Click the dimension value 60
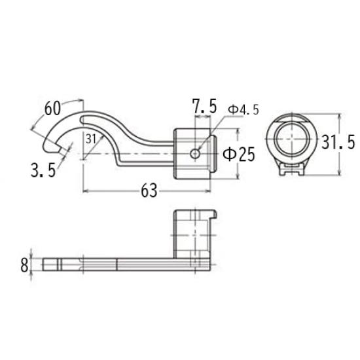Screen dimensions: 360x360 pos(54,107)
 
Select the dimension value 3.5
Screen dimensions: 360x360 pos(42,171)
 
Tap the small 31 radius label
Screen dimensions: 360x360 pos(90,138)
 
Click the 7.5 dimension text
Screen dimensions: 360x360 pos(204,107)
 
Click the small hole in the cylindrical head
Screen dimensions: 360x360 pos(195,153)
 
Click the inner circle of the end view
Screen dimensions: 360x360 pos(292,141)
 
